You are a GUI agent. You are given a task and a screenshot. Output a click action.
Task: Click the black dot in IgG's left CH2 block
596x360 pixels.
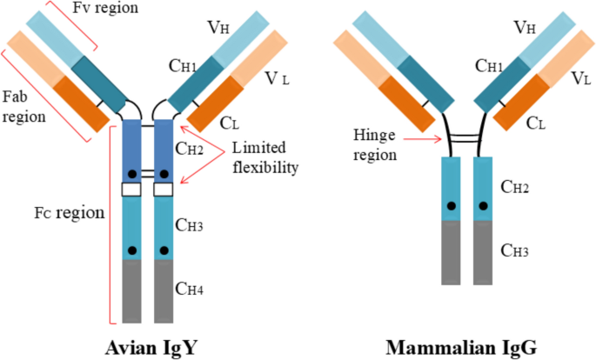click(x=452, y=206)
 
